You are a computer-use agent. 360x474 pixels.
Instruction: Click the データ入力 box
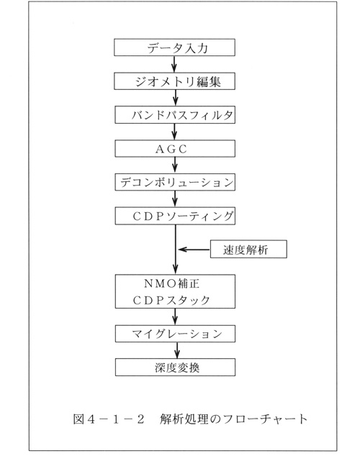click(174, 47)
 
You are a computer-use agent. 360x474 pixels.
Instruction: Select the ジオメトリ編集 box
click(174, 81)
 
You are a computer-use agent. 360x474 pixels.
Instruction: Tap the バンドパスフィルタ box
click(175, 114)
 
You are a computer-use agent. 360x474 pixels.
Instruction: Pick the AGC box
click(175, 148)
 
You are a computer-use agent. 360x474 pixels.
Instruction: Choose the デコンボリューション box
click(175, 182)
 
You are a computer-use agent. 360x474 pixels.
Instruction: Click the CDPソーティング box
click(175, 216)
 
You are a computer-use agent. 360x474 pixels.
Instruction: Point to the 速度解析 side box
click(248, 249)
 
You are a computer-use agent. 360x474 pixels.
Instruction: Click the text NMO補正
click(171, 283)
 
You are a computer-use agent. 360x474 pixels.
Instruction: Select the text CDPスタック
click(171, 300)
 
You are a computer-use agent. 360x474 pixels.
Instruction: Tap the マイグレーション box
click(175, 334)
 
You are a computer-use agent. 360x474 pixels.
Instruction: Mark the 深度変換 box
click(175, 368)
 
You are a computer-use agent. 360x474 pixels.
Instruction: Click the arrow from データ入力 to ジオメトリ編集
click(174, 64)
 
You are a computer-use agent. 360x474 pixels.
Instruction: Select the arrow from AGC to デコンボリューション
click(175, 165)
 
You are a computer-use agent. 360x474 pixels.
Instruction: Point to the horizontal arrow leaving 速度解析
click(194, 250)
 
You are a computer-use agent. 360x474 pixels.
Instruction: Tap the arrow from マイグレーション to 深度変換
click(177, 350)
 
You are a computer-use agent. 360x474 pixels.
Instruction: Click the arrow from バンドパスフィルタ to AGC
click(174, 132)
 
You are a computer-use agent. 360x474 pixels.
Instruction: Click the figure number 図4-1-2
click(109, 419)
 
